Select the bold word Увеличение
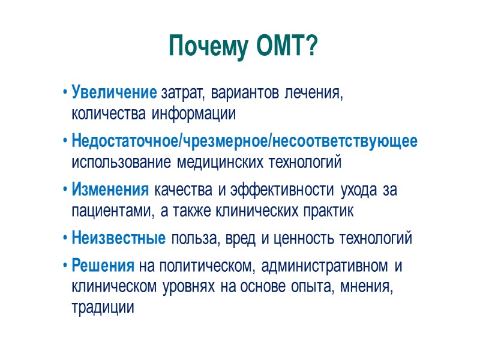coord(114,94)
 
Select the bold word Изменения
coord(110,191)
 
